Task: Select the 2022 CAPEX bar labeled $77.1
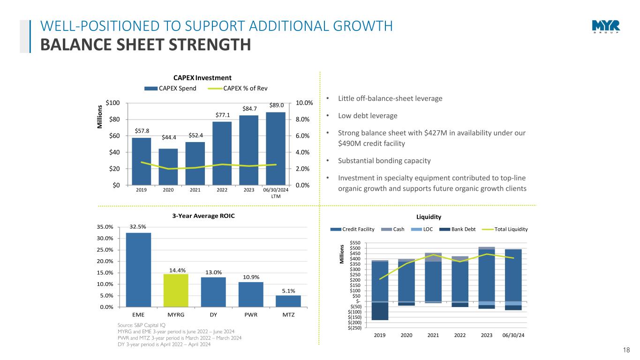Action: (222, 153)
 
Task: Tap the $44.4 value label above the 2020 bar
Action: (168, 137)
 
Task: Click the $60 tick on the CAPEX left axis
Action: (113, 136)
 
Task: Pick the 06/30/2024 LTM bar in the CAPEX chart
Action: (276, 148)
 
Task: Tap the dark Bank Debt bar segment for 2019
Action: (380, 311)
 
